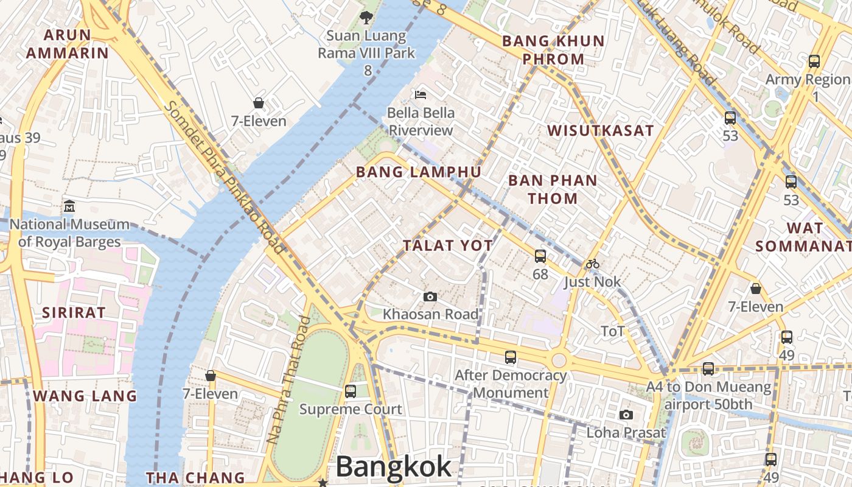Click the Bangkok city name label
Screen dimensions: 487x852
click(394, 467)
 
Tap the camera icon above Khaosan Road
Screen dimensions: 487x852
click(430, 296)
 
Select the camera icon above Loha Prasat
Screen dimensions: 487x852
click(626, 415)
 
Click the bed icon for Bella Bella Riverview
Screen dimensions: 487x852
click(421, 94)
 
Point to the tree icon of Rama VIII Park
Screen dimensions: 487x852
click(366, 18)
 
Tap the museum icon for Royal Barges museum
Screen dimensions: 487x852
click(69, 206)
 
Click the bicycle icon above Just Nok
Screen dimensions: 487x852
click(593, 264)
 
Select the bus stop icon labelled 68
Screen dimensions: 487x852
click(540, 256)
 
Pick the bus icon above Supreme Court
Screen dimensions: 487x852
click(351, 391)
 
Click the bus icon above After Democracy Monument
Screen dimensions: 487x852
click(511, 357)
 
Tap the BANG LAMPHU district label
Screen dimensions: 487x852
click(419, 172)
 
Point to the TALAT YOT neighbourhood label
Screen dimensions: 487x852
click(448, 246)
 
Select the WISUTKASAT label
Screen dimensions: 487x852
click(600, 131)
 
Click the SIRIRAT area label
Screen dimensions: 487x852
click(74, 313)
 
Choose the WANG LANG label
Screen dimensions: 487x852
click(85, 396)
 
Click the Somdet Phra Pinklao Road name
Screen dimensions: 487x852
click(225, 177)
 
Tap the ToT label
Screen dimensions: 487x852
click(613, 331)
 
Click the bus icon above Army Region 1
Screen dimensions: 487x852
click(814, 61)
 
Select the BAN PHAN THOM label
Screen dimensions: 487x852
click(553, 189)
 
